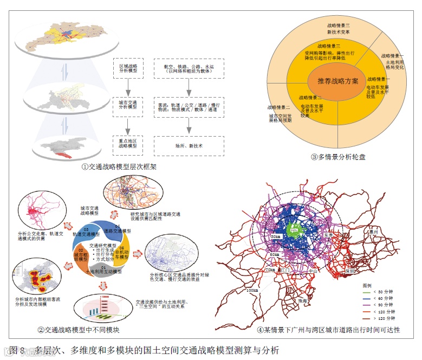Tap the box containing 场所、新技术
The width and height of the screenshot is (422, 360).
(x=188, y=146)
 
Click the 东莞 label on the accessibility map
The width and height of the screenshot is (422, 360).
(x=329, y=236)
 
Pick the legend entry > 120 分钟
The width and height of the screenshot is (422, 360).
(x=381, y=319)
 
